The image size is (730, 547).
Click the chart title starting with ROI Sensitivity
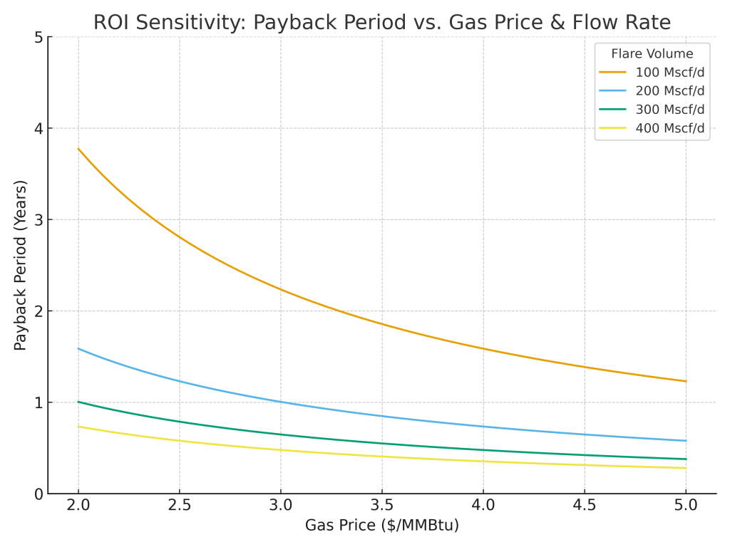click(x=381, y=23)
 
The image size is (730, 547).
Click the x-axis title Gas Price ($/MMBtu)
click(x=381, y=526)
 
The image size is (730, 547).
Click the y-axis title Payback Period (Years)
click(x=21, y=265)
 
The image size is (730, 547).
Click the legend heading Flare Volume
click(x=652, y=53)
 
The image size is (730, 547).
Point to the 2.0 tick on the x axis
click(x=78, y=506)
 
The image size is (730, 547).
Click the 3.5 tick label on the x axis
click(x=382, y=506)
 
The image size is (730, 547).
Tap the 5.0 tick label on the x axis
click(x=686, y=506)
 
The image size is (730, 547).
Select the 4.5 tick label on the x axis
click(x=585, y=506)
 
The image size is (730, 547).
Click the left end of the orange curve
click(x=78, y=149)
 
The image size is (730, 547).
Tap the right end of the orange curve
click(x=686, y=381)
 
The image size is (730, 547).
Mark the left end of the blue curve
click(x=78, y=348)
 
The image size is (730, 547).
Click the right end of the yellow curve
click(x=686, y=468)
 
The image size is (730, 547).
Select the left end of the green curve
click(x=78, y=402)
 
